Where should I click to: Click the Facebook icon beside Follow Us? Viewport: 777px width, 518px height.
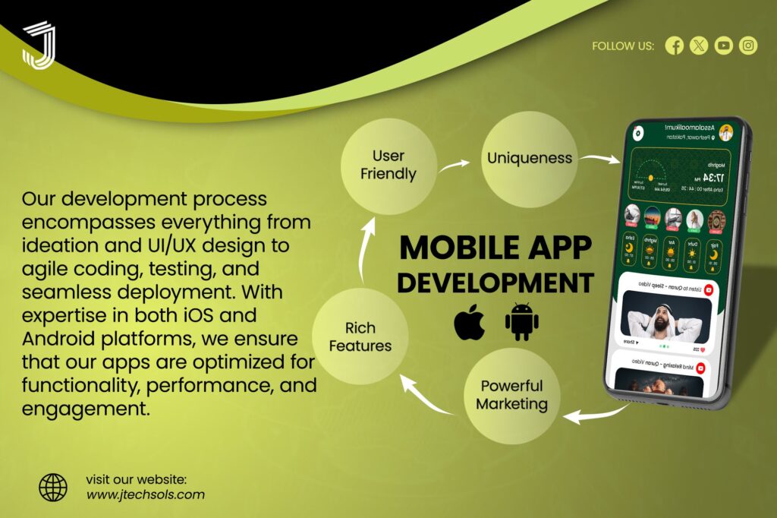[674, 46]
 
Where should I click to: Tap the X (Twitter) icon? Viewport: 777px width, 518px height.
[699, 46]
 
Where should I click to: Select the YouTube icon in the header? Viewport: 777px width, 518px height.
[724, 46]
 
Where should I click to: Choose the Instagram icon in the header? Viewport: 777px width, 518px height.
[748, 46]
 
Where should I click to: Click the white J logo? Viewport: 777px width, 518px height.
[39, 45]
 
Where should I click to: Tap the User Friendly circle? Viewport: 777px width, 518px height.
[388, 165]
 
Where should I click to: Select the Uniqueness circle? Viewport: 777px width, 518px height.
[530, 158]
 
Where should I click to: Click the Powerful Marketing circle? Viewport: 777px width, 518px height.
[511, 394]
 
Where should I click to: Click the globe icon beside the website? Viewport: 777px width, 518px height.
[53, 487]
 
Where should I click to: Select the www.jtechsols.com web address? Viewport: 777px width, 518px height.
[145, 494]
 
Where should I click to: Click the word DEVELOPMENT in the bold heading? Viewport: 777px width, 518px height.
[495, 283]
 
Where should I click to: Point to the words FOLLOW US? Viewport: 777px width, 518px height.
[622, 46]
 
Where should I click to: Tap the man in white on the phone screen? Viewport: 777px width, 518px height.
[665, 315]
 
